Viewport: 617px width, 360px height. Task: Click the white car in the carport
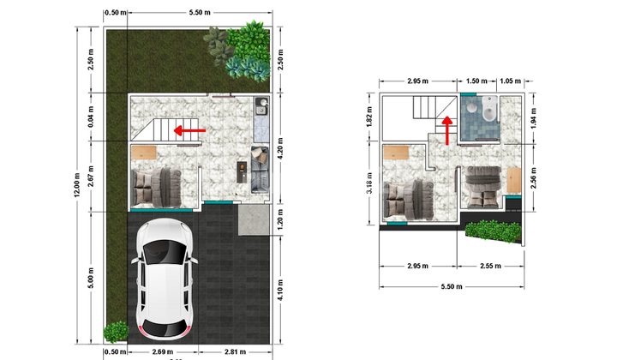[x=164, y=279]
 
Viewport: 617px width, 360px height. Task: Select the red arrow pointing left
[x=189, y=130]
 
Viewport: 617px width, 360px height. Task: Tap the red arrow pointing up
[x=446, y=131]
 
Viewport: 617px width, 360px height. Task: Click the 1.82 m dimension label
[x=369, y=117]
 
